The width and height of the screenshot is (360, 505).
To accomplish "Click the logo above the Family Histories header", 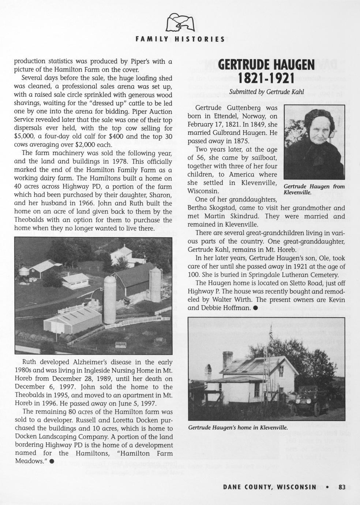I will point(180,23).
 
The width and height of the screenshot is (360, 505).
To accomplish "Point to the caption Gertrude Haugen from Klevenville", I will point(314,189).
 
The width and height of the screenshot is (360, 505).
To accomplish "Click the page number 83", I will point(342,487).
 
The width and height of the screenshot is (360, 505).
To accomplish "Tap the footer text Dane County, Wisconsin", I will point(270,487).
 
